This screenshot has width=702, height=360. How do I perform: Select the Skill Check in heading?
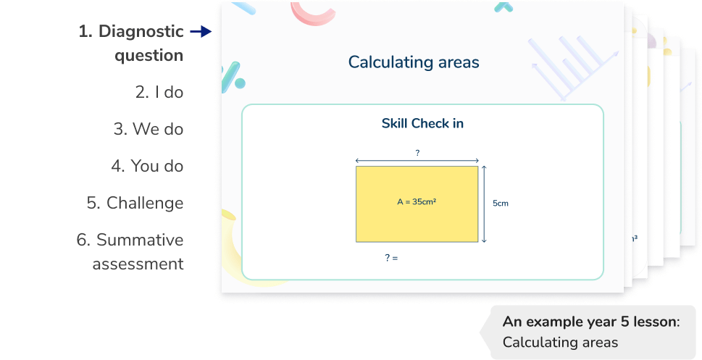click(422, 124)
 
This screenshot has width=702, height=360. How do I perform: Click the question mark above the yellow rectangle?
click(417, 153)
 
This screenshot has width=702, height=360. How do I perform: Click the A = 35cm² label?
click(416, 202)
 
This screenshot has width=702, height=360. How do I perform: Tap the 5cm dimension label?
click(501, 204)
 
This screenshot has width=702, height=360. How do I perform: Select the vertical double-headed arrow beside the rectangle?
click(483, 204)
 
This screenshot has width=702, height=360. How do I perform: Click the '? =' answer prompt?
click(391, 257)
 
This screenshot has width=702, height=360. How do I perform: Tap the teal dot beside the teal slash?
click(240, 84)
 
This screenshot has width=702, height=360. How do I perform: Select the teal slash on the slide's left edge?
click(229, 75)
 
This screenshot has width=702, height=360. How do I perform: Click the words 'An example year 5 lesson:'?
click(590, 322)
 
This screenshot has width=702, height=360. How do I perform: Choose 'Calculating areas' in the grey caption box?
click(560, 342)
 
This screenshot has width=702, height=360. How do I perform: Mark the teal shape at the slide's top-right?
click(503, 7)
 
